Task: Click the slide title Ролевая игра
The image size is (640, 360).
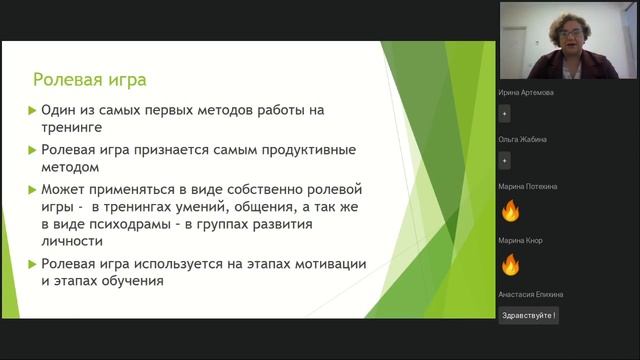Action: point(90,79)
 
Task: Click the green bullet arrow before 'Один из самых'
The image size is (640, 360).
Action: point(32,110)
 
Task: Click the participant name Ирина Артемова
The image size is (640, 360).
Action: point(526,93)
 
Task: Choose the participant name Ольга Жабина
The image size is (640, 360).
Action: point(522,139)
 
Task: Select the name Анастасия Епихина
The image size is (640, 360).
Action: point(530,294)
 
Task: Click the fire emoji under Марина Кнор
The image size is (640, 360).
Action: point(510,265)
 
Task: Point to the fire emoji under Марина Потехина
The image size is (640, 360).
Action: point(510,210)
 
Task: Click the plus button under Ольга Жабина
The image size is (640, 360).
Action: point(504,160)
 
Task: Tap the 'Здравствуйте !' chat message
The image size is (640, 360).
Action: point(528,314)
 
